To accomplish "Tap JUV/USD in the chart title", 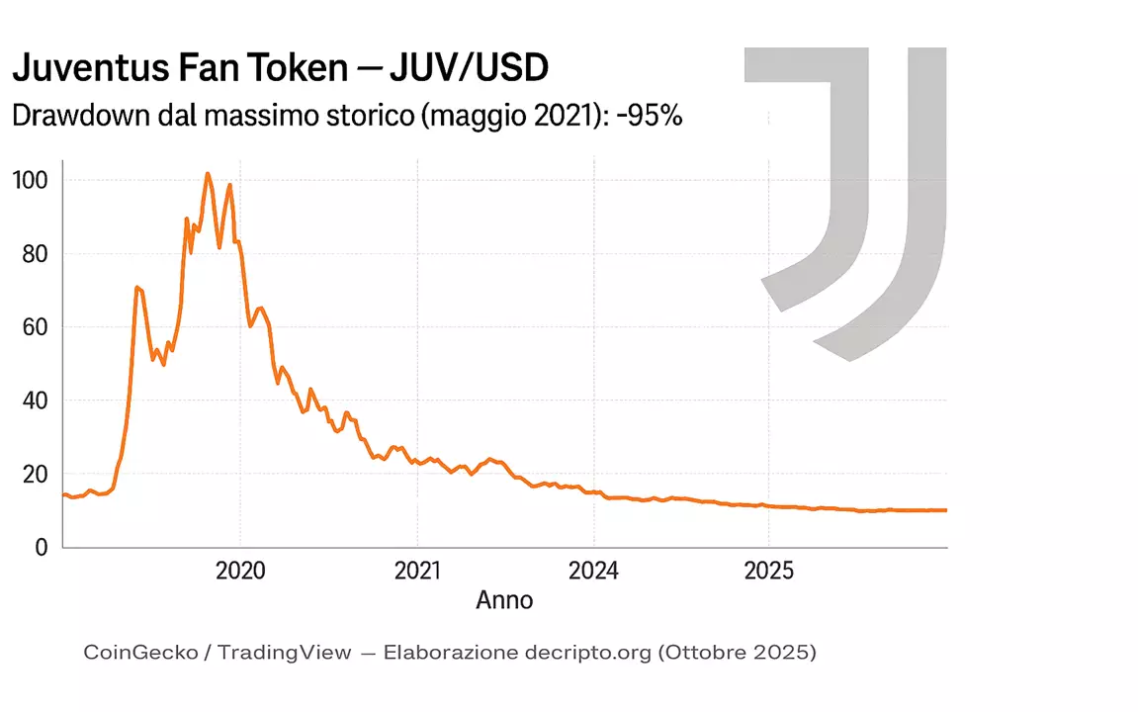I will (x=469, y=68).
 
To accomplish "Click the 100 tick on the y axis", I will (x=30, y=180).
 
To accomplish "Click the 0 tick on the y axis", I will (x=41, y=547).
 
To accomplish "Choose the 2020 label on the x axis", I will (x=240, y=572).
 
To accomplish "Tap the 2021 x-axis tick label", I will (x=416, y=572).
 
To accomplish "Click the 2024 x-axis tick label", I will (x=592, y=572).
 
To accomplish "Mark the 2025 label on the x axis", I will (x=768, y=572).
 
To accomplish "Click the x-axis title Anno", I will (x=504, y=599).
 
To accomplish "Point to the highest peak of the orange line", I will (x=208, y=174).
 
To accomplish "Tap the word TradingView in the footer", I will (x=284, y=653).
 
